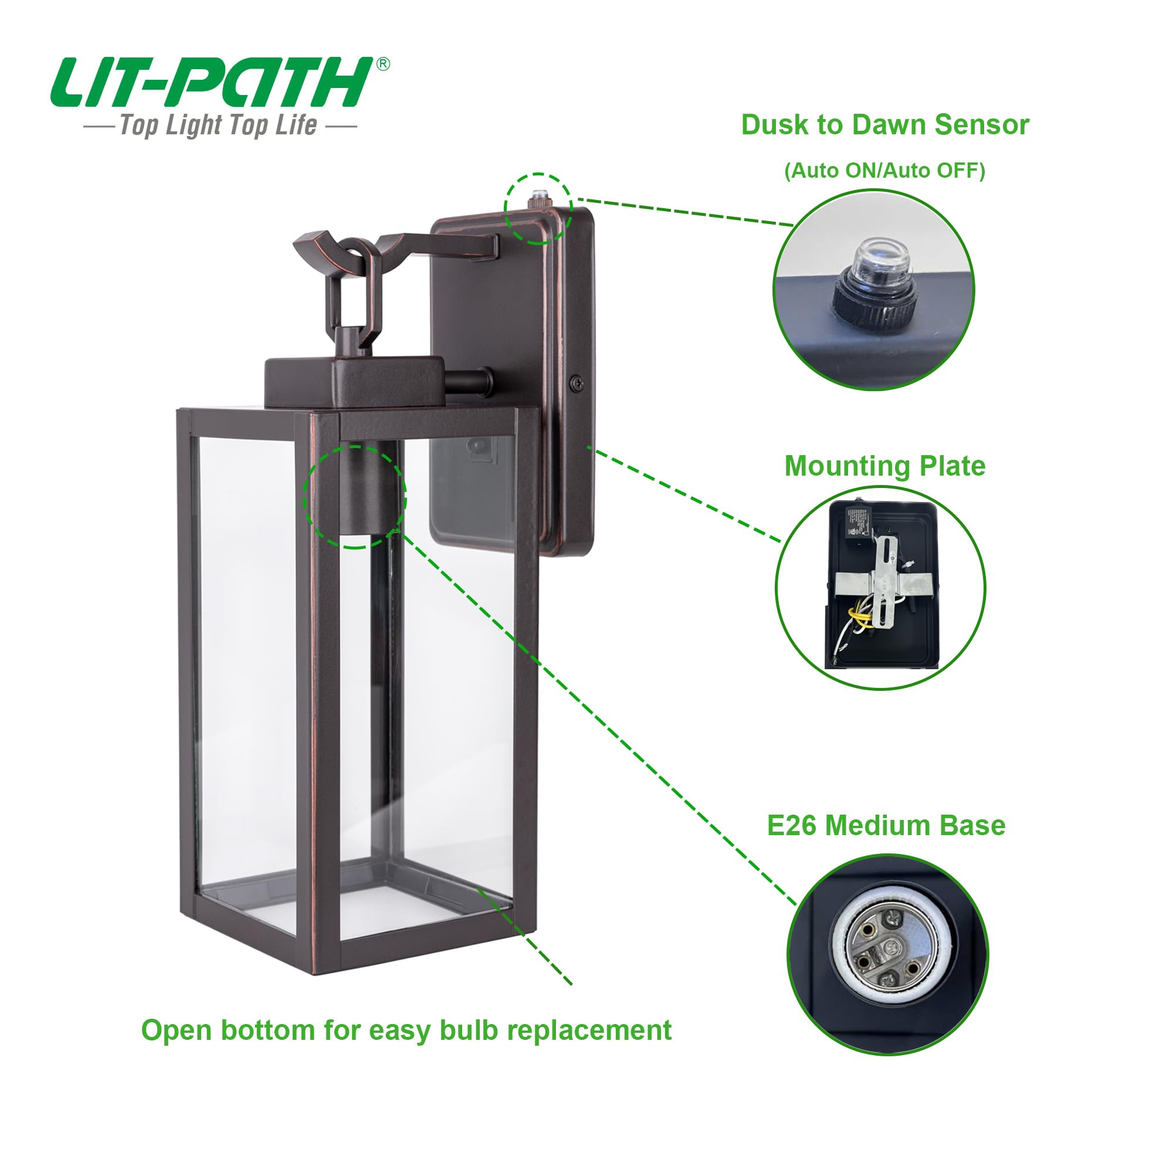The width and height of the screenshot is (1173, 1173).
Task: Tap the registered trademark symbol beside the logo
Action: (383, 65)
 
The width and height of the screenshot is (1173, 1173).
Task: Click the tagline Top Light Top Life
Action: (219, 126)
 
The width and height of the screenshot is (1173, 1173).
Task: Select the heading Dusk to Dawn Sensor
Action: (884, 125)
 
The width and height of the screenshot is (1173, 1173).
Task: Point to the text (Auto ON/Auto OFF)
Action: (884, 171)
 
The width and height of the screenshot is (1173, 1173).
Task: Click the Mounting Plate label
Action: (884, 466)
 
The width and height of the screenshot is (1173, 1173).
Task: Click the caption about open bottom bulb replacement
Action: (406, 1030)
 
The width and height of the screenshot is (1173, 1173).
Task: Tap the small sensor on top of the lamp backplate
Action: (538, 197)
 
